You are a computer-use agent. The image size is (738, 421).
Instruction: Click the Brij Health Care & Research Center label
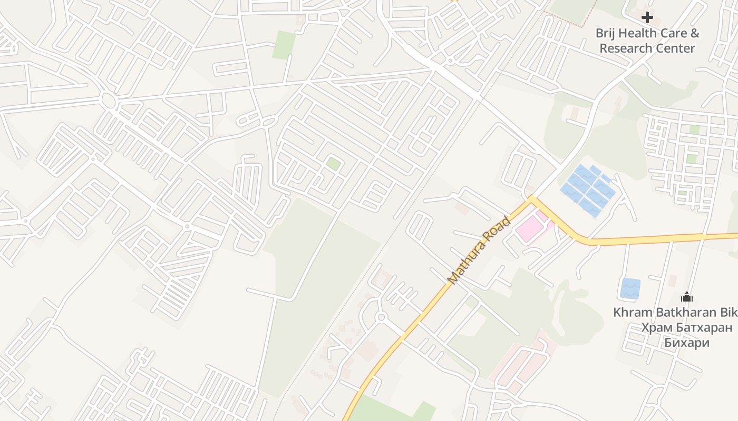[x=647, y=41]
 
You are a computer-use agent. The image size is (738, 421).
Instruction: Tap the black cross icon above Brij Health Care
[x=647, y=17]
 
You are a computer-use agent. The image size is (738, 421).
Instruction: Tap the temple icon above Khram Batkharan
[x=686, y=297]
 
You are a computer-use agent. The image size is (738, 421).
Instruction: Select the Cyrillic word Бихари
[x=686, y=343]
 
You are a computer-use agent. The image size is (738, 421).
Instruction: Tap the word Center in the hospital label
[x=677, y=48]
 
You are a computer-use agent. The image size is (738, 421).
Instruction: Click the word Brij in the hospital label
[x=605, y=33]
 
